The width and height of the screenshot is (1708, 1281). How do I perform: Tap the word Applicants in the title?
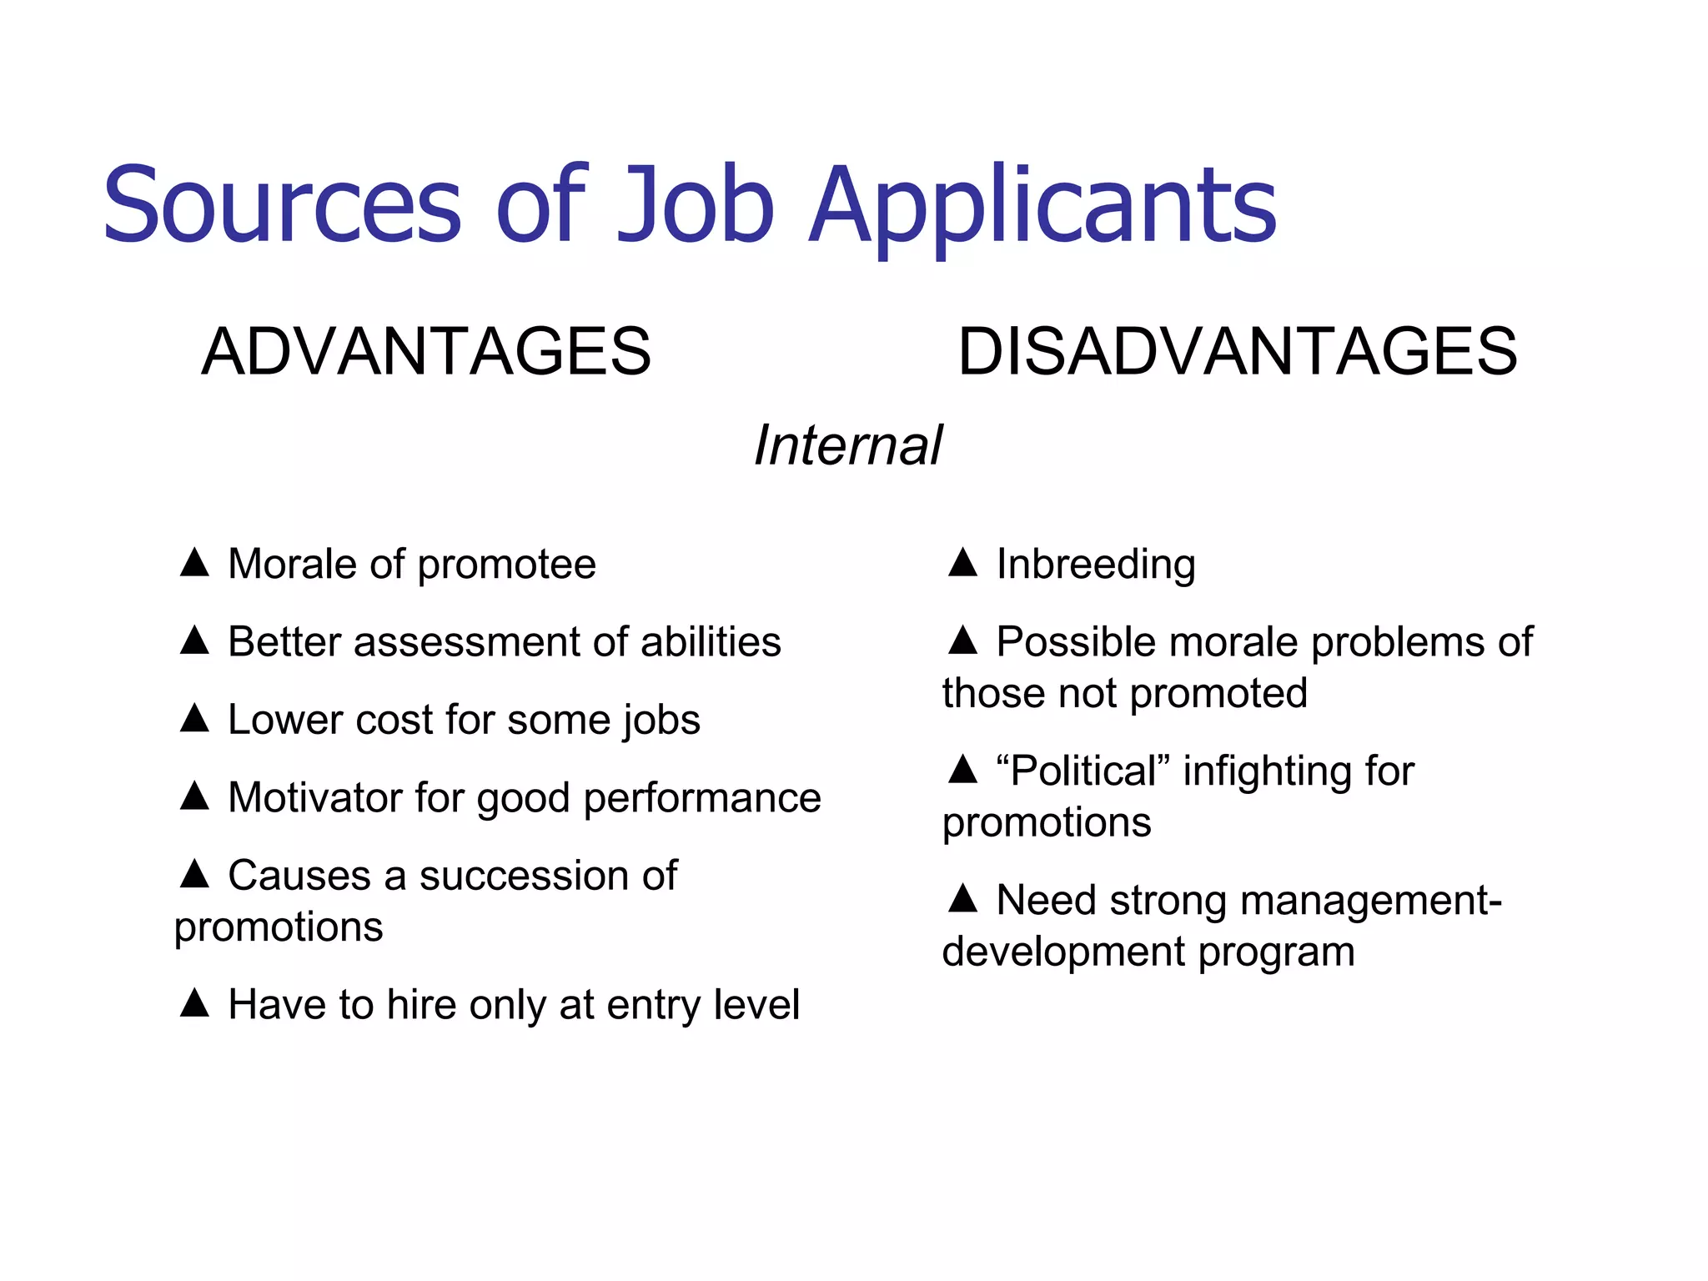click(x=1042, y=207)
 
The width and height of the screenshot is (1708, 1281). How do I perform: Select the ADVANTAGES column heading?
click(x=426, y=351)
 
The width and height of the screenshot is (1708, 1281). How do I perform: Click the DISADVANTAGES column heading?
click(x=1238, y=351)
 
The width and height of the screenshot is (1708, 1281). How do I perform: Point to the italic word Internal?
click(x=848, y=445)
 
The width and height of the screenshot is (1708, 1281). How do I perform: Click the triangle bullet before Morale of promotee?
click(x=194, y=562)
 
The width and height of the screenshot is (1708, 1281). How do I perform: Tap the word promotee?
click(x=506, y=565)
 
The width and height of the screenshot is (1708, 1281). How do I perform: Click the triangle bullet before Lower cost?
click(x=194, y=717)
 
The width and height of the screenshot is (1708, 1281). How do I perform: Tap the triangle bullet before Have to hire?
click(x=194, y=1002)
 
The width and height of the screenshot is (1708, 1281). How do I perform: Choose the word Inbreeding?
click(x=1096, y=565)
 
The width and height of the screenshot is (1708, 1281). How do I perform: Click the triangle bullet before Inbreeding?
click(x=962, y=562)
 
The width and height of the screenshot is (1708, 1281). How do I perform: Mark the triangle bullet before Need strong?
click(x=962, y=898)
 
